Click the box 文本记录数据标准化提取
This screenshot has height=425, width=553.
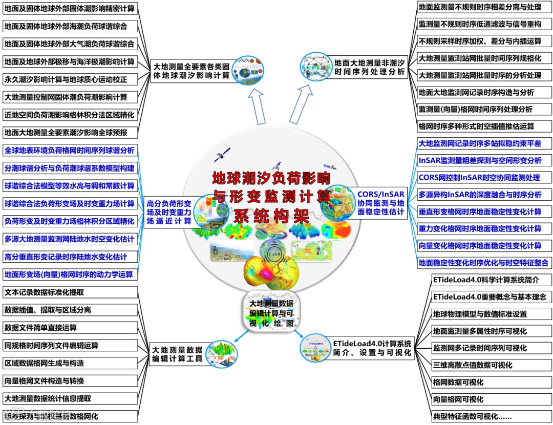[70, 293]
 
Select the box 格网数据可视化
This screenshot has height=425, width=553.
[484, 382]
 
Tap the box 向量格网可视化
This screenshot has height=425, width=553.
[484, 399]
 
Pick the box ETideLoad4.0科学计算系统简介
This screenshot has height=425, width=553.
[484, 280]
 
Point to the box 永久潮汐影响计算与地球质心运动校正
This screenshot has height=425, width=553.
[70, 79]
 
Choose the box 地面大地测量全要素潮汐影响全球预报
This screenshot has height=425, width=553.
[70, 133]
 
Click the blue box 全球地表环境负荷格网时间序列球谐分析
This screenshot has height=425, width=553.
[70, 151]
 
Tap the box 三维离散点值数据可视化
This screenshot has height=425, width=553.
[484, 365]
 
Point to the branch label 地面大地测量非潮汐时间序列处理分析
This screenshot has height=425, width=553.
[369, 68]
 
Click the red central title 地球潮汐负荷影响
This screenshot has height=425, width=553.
[271, 178]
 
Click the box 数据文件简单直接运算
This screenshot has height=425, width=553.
[70, 328]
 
